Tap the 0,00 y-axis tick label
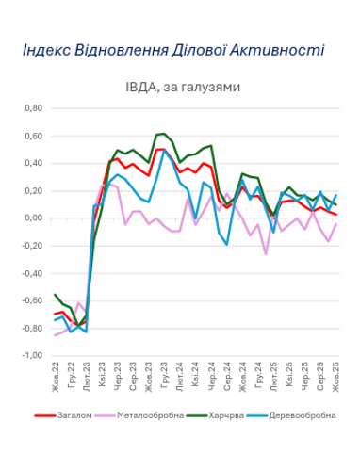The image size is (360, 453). (x=33, y=218)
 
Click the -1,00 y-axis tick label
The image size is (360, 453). (x=31, y=357)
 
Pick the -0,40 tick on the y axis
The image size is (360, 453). (x=31, y=274)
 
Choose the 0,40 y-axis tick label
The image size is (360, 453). (x=33, y=164)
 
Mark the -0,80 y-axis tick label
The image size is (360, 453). (x=31, y=330)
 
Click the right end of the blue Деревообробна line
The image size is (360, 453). (x=336, y=195)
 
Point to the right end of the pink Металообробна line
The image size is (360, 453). (x=336, y=223)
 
